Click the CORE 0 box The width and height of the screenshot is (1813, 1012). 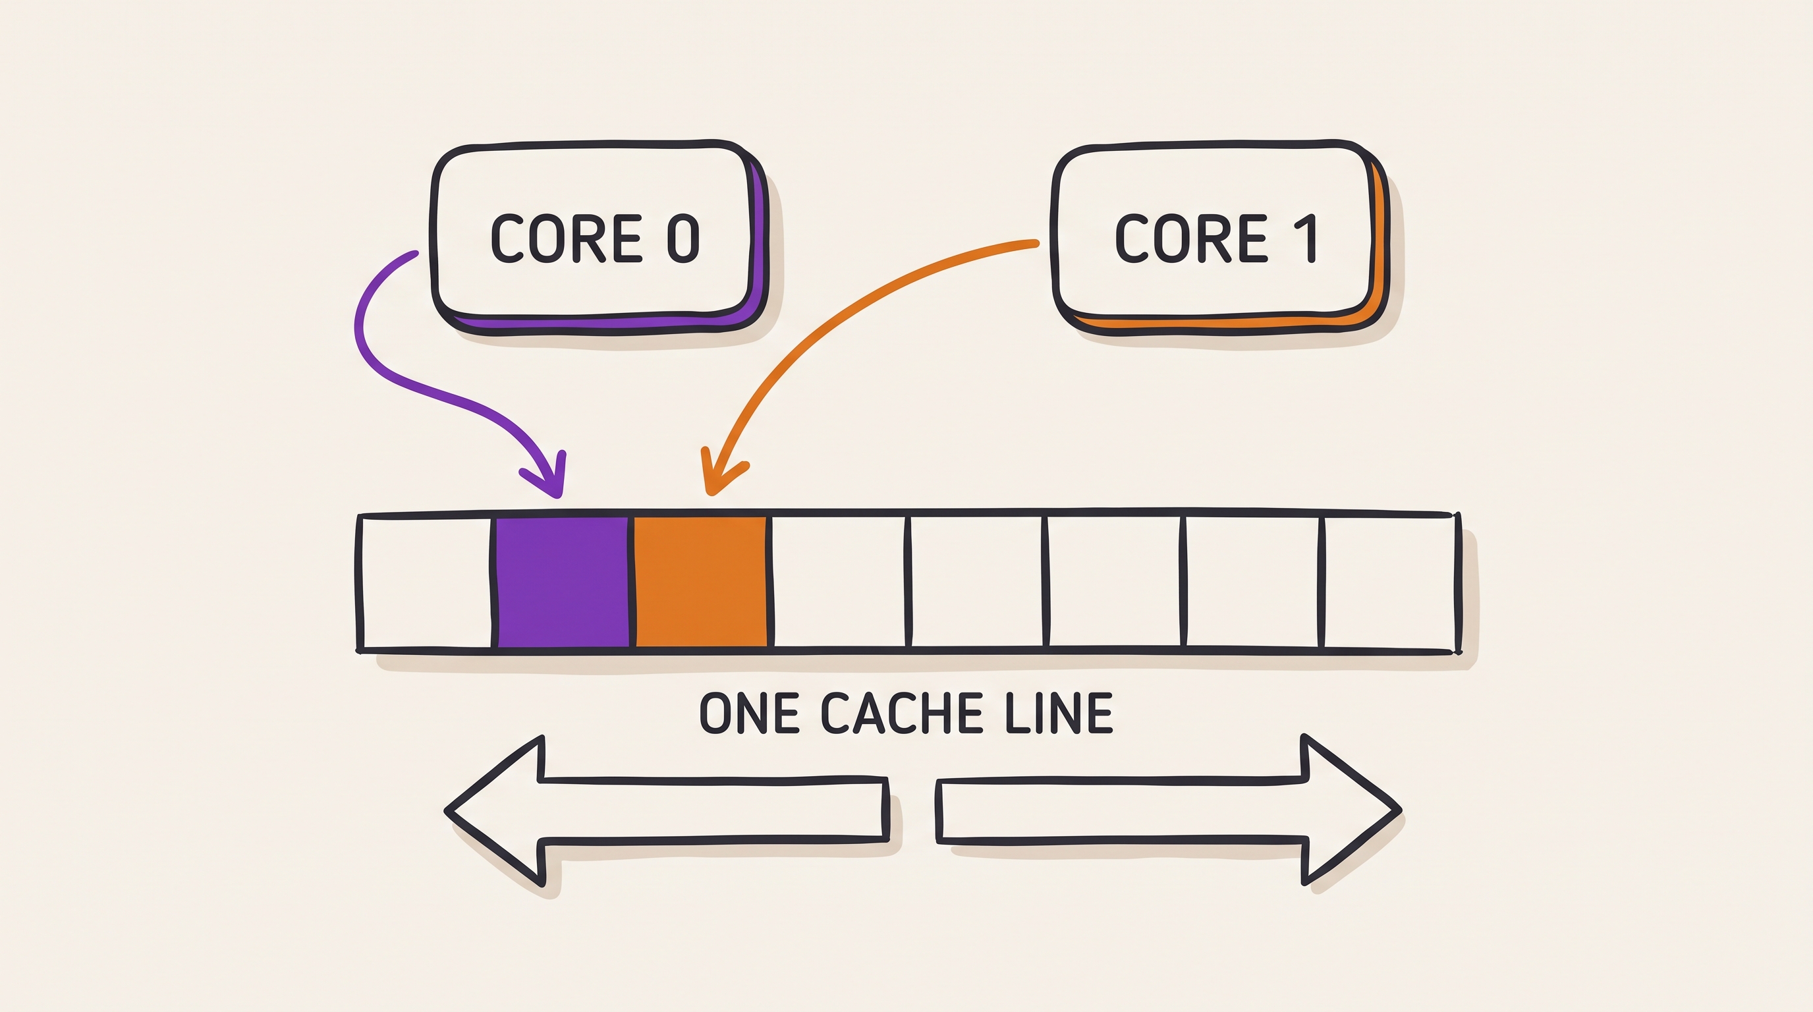[x=598, y=237]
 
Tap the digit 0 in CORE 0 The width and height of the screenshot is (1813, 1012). [x=683, y=239]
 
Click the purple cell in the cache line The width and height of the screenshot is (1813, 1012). [x=563, y=581]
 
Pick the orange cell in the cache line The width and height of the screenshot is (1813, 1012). [x=701, y=581]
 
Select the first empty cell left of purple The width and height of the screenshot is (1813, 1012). [x=426, y=581]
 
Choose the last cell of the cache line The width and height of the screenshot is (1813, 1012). [x=1389, y=581]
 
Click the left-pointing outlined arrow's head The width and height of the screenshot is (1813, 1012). [x=496, y=811]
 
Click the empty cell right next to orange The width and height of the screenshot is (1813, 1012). [x=839, y=581]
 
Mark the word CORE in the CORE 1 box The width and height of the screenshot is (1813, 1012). [x=1192, y=239]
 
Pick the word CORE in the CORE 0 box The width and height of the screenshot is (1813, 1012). [x=567, y=239]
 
